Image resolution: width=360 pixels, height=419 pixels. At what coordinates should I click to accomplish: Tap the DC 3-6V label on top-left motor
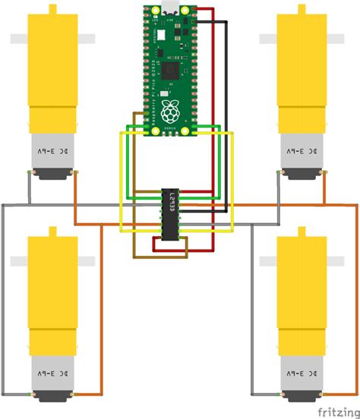[x=52, y=151]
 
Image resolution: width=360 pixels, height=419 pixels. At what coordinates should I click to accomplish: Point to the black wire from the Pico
[x=227, y=114]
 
